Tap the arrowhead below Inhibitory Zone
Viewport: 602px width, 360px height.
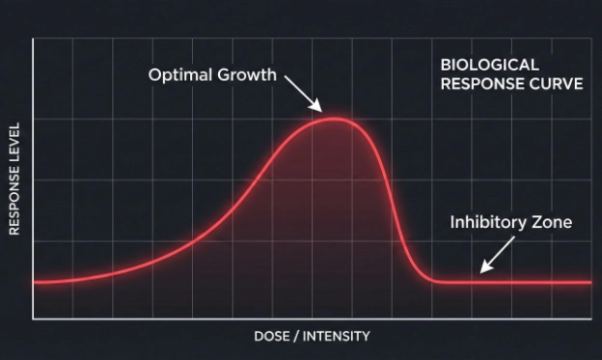(x=482, y=269)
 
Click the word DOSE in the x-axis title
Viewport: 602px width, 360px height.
(x=272, y=336)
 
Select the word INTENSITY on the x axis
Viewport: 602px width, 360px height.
(x=337, y=336)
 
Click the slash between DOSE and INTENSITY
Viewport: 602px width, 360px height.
(x=296, y=336)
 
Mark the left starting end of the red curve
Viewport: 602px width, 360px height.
(x=34, y=283)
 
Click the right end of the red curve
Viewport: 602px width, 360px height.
(x=589, y=282)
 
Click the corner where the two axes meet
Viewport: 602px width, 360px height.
(x=34, y=318)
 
